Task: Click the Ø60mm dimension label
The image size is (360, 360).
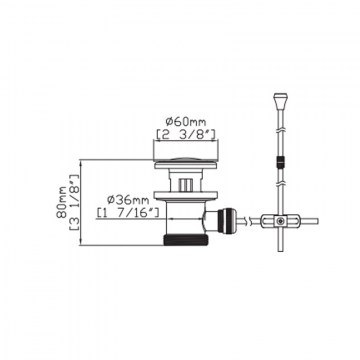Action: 186,122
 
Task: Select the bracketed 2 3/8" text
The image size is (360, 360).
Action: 186,133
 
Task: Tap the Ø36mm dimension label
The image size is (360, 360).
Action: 128,200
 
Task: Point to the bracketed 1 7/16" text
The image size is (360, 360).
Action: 128,212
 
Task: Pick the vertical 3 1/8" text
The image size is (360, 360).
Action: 74,202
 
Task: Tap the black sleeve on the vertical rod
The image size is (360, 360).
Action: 280,163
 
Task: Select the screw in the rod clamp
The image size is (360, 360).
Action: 282,221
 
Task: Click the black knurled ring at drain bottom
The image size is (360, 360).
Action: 186,240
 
